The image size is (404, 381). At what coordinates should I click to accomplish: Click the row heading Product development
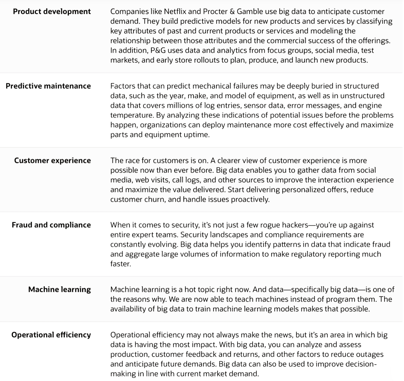[52, 11]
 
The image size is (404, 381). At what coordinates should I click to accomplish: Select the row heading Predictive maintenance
[48, 86]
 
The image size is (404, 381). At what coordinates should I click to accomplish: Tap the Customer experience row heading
[53, 161]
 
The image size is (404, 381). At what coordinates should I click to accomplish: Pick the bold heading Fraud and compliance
[51, 225]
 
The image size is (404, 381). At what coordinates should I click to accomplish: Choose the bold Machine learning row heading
[59, 289]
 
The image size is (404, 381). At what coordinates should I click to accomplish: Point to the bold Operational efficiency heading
[51, 335]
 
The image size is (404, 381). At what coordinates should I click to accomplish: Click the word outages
[369, 354]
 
